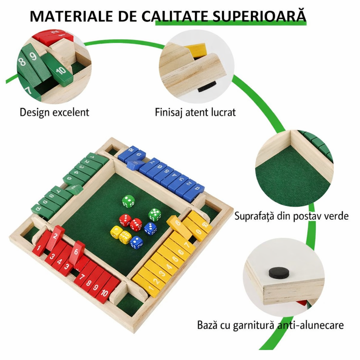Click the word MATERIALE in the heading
[x=72, y=16]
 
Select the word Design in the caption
[x=35, y=112]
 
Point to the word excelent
[x=71, y=112]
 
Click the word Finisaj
[x=169, y=112]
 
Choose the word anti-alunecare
[x=311, y=325]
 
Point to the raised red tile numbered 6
[x=76, y=252]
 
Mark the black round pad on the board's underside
[x=279, y=272]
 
